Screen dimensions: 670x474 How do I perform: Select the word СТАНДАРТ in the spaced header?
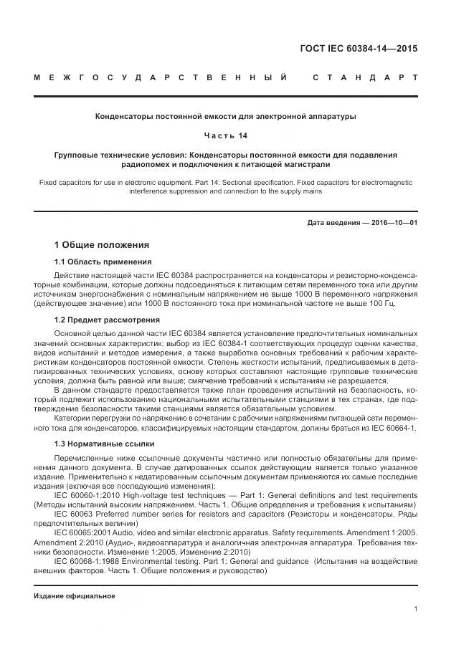365,77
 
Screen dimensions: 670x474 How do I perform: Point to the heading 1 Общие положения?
102,244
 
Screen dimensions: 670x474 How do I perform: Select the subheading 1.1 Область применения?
103,262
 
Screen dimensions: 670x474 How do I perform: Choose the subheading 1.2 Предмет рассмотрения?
107,320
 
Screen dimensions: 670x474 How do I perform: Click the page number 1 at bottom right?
416,609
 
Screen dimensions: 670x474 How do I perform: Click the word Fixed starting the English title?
49,183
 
